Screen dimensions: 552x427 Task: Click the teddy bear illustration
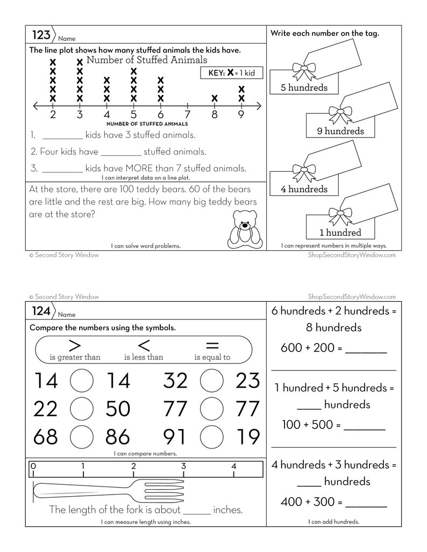243,228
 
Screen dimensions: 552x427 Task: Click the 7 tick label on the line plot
187,114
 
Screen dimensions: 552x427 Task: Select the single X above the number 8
214,98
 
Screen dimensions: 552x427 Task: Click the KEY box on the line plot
231,73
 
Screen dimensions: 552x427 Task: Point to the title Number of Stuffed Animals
146,60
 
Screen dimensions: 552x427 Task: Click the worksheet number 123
41,35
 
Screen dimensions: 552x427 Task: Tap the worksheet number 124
41,311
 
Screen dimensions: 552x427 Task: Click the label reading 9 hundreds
340,131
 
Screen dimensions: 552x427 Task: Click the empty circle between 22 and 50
82,409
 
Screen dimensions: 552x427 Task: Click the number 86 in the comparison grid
118,437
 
